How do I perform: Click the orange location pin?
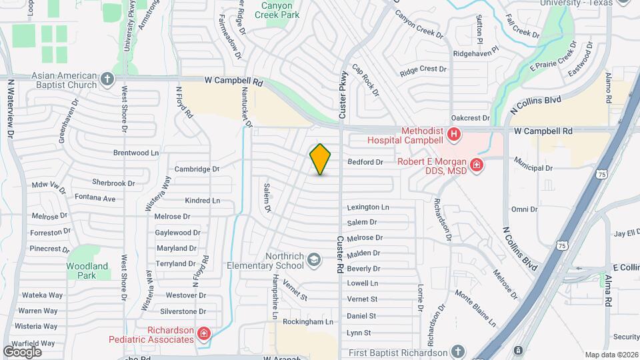click(x=321, y=159)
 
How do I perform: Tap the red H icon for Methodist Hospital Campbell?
click(x=455, y=135)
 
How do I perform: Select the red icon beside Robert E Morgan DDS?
click(x=477, y=165)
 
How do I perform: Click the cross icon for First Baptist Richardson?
click(x=458, y=351)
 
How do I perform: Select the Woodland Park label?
click(x=87, y=271)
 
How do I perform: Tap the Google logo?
click(x=22, y=351)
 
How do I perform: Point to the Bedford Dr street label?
click(x=365, y=162)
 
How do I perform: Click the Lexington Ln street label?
click(x=368, y=207)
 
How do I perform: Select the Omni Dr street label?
click(x=524, y=209)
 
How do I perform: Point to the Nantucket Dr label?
click(x=247, y=107)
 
